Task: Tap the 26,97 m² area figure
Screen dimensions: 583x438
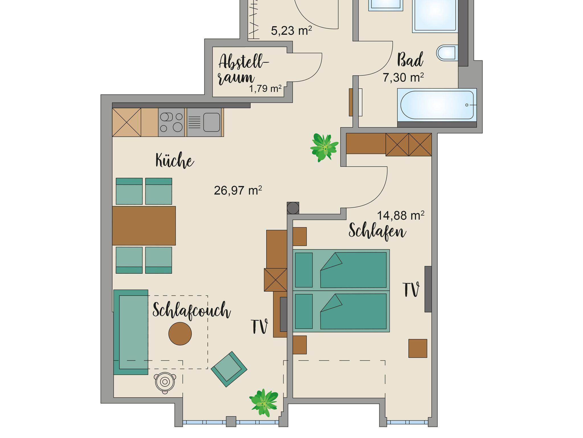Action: [x=238, y=190]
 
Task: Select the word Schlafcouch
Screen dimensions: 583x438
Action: [x=192, y=311]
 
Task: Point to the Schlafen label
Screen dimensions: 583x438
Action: [x=377, y=231]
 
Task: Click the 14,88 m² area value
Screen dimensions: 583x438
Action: [x=401, y=215]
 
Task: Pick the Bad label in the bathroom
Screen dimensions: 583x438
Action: [x=410, y=60]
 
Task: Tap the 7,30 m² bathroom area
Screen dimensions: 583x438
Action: [x=403, y=77]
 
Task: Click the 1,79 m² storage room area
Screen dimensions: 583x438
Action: [x=265, y=89]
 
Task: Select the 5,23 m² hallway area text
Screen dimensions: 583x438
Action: [x=291, y=30]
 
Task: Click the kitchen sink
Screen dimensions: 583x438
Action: [x=204, y=122]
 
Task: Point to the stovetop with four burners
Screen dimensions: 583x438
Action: [x=172, y=122]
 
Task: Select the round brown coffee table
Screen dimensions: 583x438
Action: [x=180, y=333]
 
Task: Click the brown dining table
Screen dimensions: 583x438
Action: [x=144, y=226]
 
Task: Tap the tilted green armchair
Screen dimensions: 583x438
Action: [x=229, y=369]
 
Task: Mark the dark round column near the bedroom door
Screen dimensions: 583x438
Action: [x=293, y=208]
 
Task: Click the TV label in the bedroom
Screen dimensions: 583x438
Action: [x=411, y=290]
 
